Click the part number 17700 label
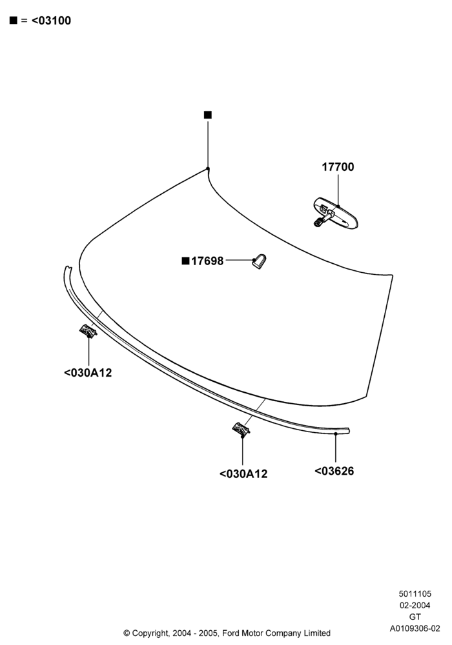(x=338, y=167)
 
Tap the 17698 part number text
(x=207, y=261)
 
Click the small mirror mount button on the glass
(x=259, y=261)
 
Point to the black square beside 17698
(x=186, y=261)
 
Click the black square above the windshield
(x=208, y=115)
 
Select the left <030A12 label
(x=88, y=373)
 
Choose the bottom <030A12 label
(x=243, y=474)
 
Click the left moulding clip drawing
(x=88, y=331)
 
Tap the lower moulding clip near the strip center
(x=241, y=429)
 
